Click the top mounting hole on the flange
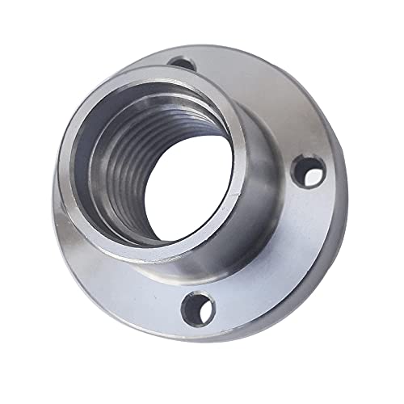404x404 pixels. pos(183,62)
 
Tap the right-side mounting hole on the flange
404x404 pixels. pos(308,172)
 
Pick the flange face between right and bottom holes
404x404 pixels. pos(275,259)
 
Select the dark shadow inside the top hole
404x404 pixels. pos(180,61)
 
